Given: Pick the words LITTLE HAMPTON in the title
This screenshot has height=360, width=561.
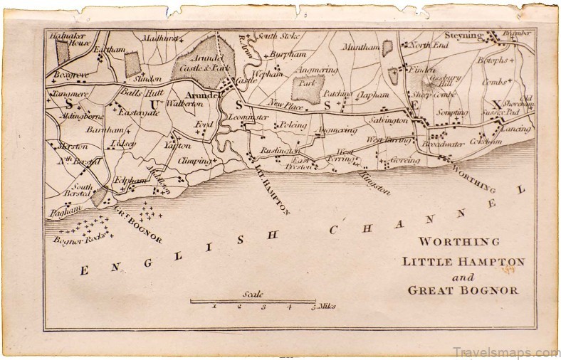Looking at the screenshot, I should pyautogui.click(x=463, y=261).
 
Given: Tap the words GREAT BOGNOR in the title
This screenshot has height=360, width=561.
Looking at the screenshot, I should pyautogui.click(x=464, y=290).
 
